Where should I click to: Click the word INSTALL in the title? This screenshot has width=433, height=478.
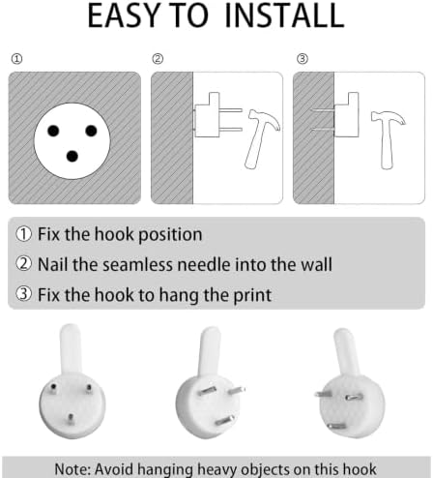pos(284,15)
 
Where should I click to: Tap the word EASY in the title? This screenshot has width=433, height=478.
pos(124,15)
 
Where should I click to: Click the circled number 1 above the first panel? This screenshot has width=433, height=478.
pos(16,59)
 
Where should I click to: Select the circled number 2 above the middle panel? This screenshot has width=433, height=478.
pos(158,59)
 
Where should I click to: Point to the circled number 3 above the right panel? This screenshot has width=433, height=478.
pos(303,59)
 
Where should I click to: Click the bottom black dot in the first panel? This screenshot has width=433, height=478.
pos(72,157)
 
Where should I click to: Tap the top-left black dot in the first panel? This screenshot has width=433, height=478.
pos(53,131)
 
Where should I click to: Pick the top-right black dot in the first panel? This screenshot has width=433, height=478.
pos(91,131)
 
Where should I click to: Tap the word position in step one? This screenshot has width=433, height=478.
pos(170,235)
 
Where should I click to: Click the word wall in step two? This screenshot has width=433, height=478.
pos(316,265)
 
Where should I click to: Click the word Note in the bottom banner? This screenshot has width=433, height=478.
pos(72,468)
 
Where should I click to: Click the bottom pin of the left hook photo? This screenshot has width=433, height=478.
pos(71,419)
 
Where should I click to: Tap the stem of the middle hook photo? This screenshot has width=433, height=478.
pos(209,351)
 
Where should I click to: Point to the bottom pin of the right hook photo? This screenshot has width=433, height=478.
pos(336,427)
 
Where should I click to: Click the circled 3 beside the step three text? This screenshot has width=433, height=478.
pos(23,294)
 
